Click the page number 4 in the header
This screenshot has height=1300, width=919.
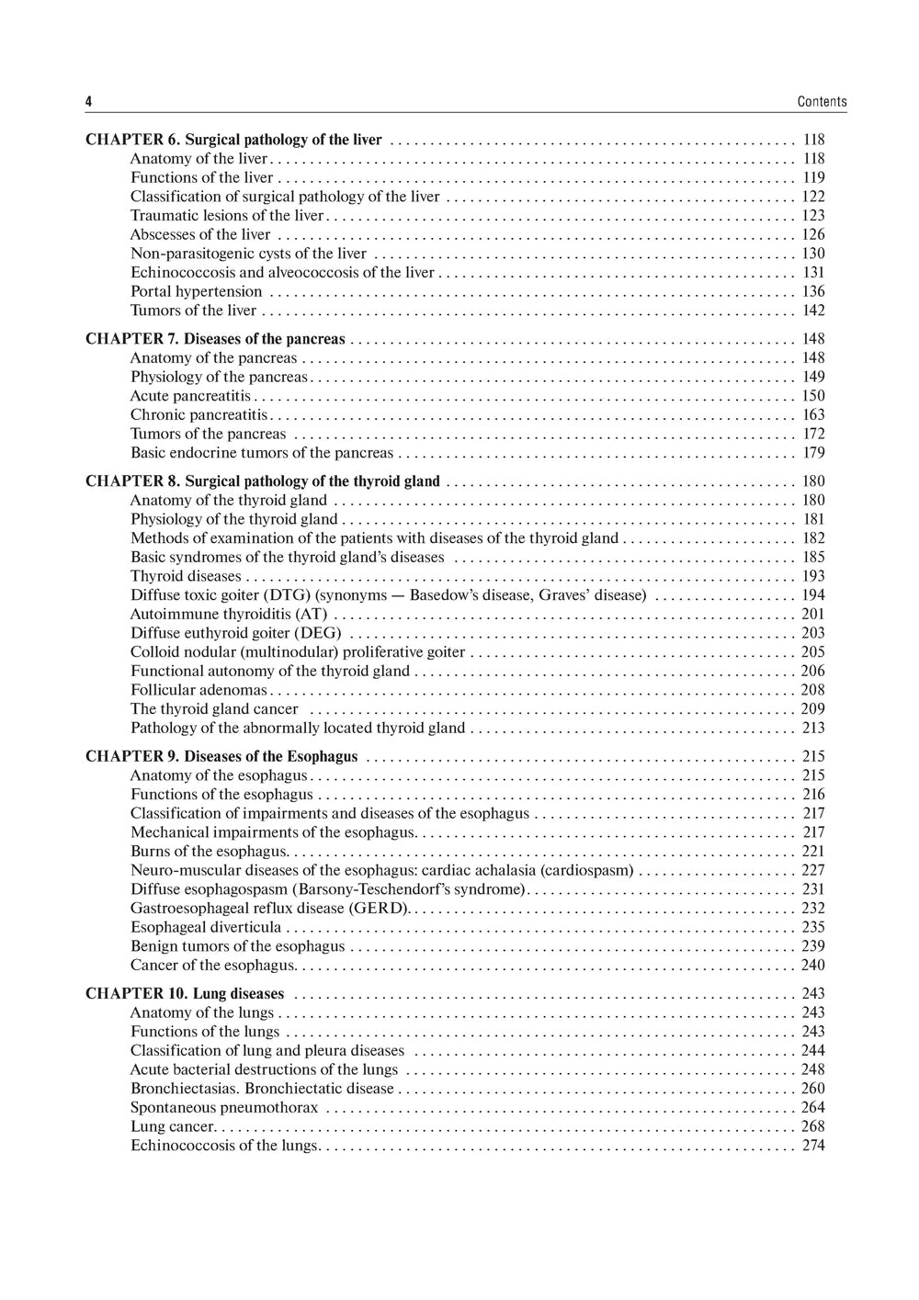coord(88,102)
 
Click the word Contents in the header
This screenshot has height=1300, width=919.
coord(822,102)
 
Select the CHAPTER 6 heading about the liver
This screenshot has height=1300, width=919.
coord(233,140)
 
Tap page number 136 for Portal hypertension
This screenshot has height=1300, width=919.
coord(813,291)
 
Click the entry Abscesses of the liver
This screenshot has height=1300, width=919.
coord(200,234)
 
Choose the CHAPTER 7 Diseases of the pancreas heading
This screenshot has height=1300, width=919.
coord(216,339)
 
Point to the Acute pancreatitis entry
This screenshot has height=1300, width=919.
coord(190,396)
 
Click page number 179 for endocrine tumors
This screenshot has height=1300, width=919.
coord(813,453)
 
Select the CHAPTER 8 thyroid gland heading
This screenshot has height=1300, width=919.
coord(263,481)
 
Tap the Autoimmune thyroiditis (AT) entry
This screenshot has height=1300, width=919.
coord(229,614)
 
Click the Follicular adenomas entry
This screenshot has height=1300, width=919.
coord(199,690)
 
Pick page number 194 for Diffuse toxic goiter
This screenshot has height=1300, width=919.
coord(813,595)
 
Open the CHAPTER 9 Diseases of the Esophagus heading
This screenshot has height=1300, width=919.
coord(221,757)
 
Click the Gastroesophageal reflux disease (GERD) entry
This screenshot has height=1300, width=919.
coord(269,909)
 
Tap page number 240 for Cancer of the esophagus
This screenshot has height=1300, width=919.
coord(813,966)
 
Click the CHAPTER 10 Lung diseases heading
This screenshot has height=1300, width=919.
coord(185,994)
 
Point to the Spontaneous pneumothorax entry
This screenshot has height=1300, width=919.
coord(224,1108)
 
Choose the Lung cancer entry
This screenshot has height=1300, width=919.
coord(173,1126)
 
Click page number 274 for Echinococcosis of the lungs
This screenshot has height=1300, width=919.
coord(813,1146)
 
